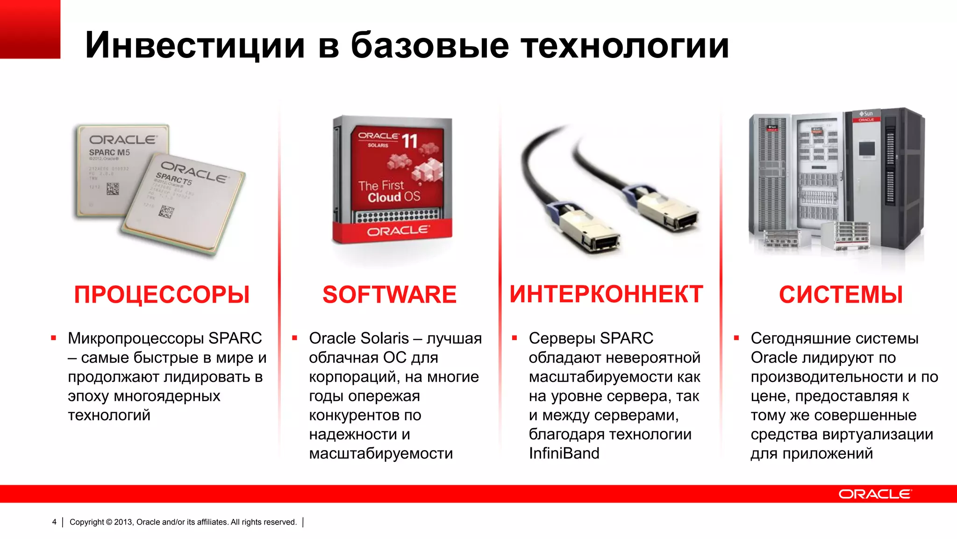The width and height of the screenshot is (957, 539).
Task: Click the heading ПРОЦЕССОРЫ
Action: (x=162, y=295)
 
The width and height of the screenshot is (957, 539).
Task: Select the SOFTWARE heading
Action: (x=389, y=295)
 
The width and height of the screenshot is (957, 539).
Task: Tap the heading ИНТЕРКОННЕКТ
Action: (x=606, y=294)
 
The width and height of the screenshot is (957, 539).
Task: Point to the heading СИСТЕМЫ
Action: (x=841, y=295)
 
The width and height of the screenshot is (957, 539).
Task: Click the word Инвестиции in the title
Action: (x=195, y=45)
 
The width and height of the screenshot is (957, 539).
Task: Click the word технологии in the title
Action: (x=625, y=45)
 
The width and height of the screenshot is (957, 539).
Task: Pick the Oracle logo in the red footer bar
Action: (x=875, y=494)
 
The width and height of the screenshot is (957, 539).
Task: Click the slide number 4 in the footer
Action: (x=54, y=522)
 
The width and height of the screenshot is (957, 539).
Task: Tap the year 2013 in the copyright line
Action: (x=123, y=522)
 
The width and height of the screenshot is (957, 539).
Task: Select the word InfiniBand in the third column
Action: (x=564, y=453)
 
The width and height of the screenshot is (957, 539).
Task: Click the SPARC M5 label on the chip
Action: (x=109, y=153)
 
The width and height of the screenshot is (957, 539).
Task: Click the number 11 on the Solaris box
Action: (x=409, y=141)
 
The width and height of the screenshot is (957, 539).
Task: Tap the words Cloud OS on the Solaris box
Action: (x=393, y=197)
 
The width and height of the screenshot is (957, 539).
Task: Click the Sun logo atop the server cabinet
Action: (x=866, y=114)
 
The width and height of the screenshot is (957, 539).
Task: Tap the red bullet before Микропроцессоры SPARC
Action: (x=54, y=338)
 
